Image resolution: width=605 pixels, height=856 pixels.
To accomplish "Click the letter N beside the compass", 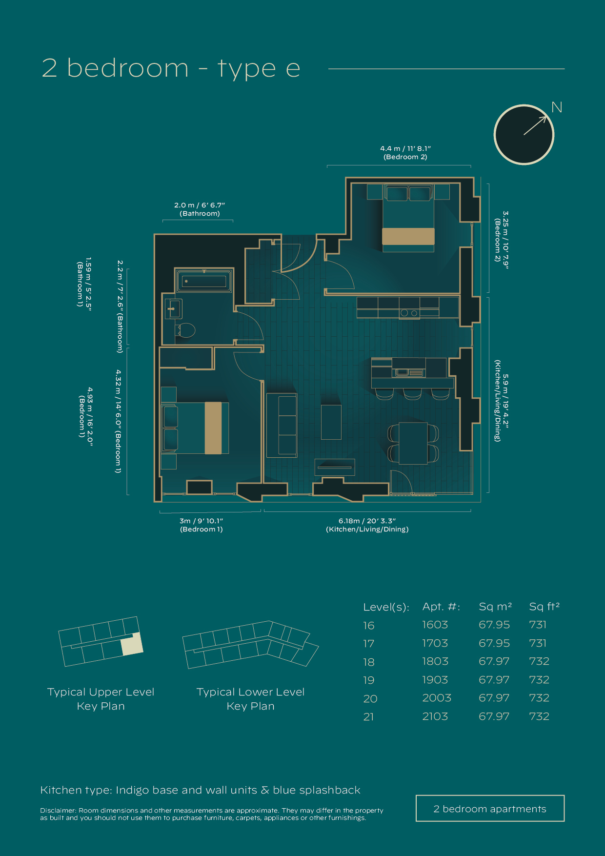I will click(x=557, y=107).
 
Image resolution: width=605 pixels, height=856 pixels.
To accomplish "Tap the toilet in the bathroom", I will click(x=185, y=330).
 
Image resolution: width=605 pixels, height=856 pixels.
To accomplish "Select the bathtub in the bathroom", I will click(x=204, y=281).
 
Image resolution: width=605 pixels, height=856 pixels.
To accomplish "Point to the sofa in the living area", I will click(x=282, y=425).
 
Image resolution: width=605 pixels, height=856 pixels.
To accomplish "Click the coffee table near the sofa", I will click(x=331, y=422).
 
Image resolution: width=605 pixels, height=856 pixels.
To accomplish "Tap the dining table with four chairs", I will click(x=413, y=443).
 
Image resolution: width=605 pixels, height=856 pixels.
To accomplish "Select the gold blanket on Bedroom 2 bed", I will click(x=408, y=236).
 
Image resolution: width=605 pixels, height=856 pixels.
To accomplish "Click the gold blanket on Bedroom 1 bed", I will click(x=213, y=428).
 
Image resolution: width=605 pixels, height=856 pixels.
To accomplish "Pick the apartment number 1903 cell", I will click(x=435, y=680).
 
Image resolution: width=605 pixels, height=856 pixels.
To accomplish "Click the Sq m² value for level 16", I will click(x=494, y=625).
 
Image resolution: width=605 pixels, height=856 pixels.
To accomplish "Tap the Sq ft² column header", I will click(x=544, y=607).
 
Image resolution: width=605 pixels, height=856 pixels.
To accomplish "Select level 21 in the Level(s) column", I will click(x=368, y=717).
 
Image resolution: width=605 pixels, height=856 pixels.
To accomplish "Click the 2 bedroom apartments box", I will click(x=490, y=809).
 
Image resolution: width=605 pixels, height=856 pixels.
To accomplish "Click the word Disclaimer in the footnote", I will click(x=58, y=811).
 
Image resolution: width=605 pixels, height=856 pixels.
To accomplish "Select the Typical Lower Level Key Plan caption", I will click(x=250, y=699).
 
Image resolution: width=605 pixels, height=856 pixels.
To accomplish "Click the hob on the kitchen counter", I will click(x=409, y=313).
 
